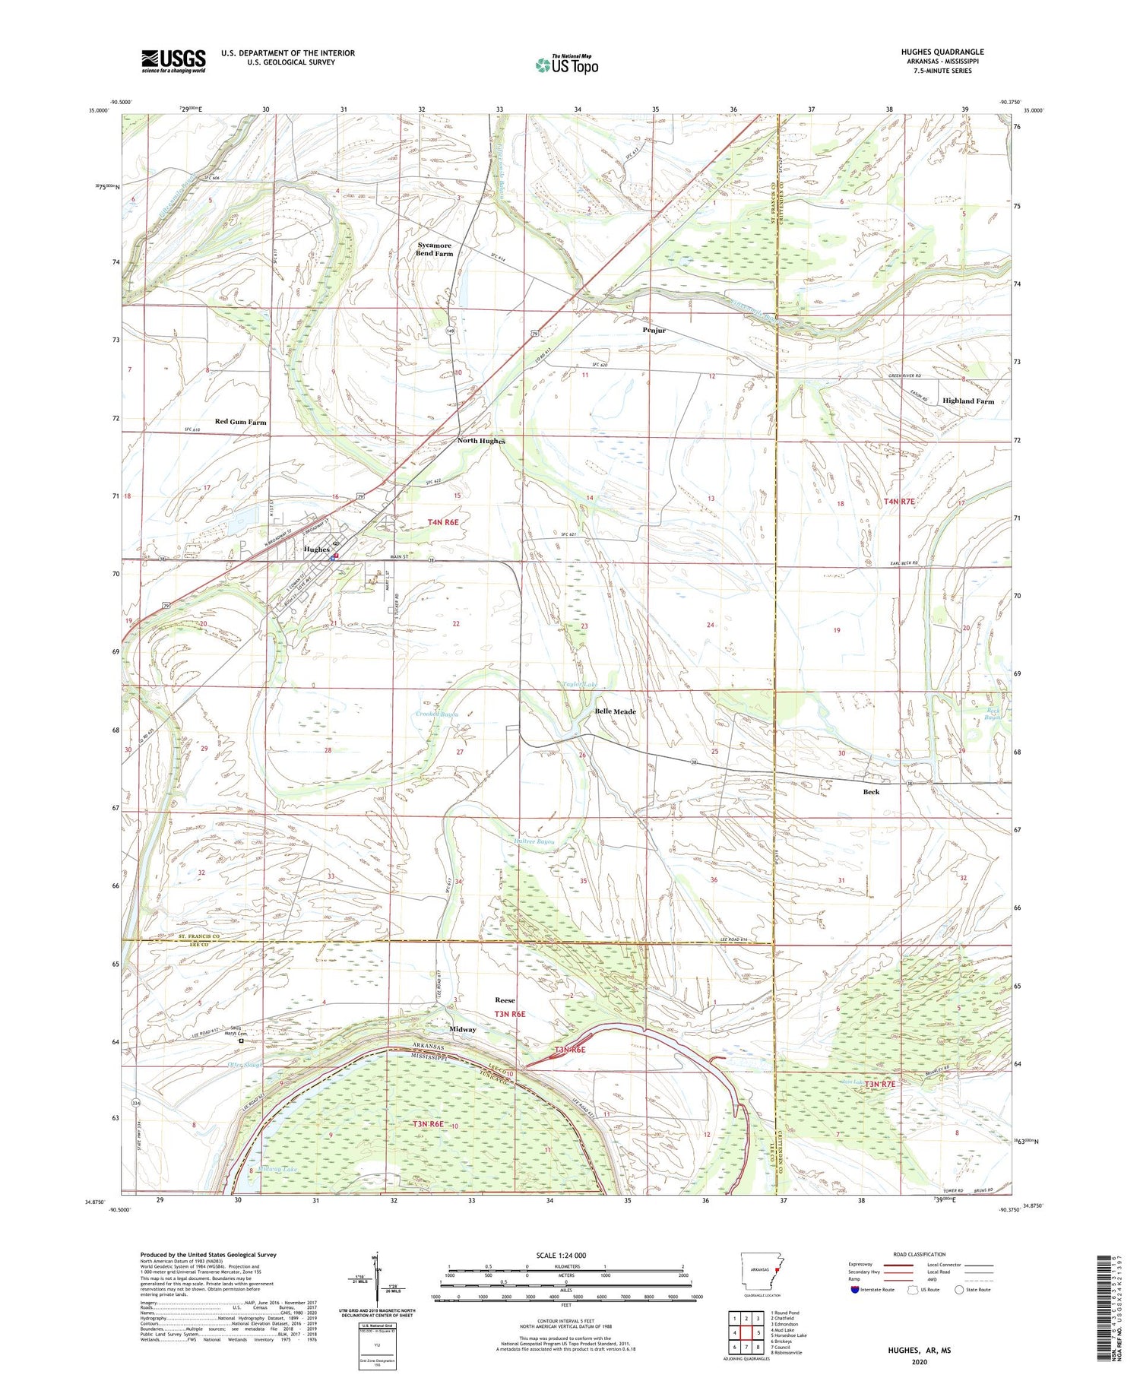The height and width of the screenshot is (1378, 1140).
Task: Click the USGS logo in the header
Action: click(x=173, y=61)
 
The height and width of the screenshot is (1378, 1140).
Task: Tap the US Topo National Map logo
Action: click(x=566, y=65)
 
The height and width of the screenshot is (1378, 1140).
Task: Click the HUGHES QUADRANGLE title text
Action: click(x=942, y=52)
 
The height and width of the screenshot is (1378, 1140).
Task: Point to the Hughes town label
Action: click(x=317, y=549)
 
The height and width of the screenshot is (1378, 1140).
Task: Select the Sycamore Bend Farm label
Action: click(x=434, y=249)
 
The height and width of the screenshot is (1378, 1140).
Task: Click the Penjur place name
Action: click(x=654, y=330)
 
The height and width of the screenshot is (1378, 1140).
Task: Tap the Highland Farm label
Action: click(x=967, y=401)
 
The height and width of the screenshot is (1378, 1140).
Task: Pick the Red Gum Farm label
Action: click(x=240, y=422)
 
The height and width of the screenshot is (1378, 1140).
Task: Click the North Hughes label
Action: click(x=480, y=441)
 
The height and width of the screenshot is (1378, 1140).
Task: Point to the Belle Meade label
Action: click(x=615, y=711)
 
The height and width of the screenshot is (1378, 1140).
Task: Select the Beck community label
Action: click(x=871, y=791)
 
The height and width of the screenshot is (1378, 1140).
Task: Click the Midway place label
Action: click(x=462, y=1029)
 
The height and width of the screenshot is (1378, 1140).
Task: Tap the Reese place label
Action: click(x=505, y=1000)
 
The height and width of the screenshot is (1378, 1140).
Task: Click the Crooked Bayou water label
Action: click(x=437, y=714)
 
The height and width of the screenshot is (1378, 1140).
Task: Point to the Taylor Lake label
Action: click(x=579, y=684)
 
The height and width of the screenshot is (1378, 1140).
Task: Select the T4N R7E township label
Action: click(x=899, y=502)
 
